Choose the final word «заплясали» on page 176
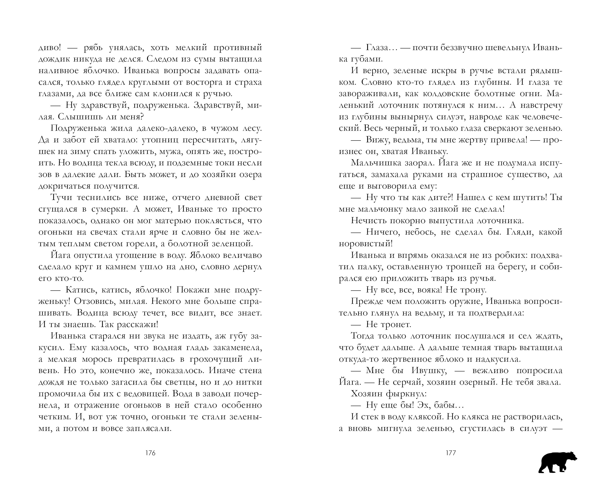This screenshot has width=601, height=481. (x=149, y=428)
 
